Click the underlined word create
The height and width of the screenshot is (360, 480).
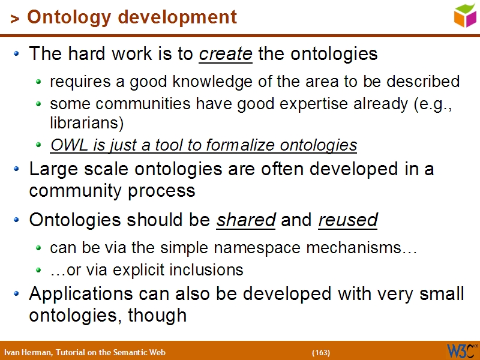pyautogui.click(x=226, y=54)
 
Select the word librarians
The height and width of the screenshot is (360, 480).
pyautogui.click(x=86, y=124)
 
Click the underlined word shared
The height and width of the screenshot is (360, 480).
pyautogui.click(x=245, y=221)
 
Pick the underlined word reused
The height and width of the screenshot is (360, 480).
pyautogui.click(x=348, y=221)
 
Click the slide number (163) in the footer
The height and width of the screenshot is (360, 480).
pyautogui.click(x=321, y=352)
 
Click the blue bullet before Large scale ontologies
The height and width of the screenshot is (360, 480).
pyautogui.click(x=17, y=170)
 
